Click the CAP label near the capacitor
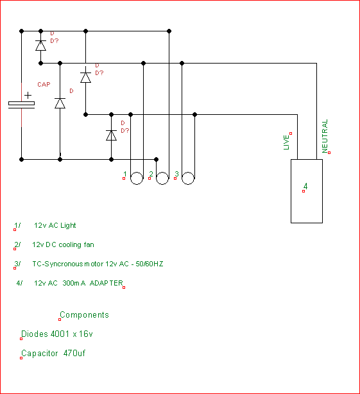(44, 85)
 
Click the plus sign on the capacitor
(28, 96)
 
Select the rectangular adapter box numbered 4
(307, 191)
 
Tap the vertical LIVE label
(286, 142)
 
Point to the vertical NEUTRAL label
(325, 136)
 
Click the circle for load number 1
(137, 178)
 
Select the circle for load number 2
(162, 178)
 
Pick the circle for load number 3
(188, 178)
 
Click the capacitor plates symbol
(21, 105)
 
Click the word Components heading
(85, 315)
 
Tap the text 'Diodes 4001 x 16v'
(57, 334)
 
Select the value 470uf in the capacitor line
(74, 353)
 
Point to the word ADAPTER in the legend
(107, 283)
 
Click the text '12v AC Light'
(55, 225)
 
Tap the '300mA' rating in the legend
(74, 283)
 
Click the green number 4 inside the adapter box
(305, 186)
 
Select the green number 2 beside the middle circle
(151, 174)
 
